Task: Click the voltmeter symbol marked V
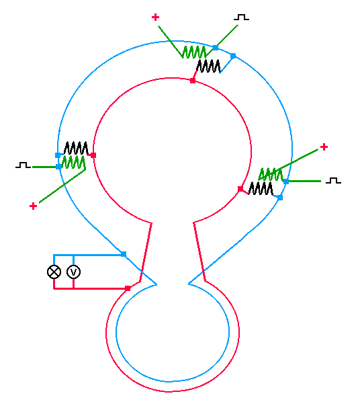74,272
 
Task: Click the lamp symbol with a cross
54,272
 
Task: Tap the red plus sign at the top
155,17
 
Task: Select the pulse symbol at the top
241,17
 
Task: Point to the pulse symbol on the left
24,165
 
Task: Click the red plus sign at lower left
33,206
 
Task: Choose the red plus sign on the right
324,147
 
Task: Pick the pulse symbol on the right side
334,180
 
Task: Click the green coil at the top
194,52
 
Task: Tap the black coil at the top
208,66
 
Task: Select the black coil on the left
76,148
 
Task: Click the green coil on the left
74,162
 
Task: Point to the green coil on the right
271,174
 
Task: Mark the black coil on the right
261,188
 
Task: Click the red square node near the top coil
193,81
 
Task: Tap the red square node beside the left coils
93,155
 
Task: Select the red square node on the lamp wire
128,288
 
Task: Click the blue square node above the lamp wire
124,254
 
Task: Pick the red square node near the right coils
240,189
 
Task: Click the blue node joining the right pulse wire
286,181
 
